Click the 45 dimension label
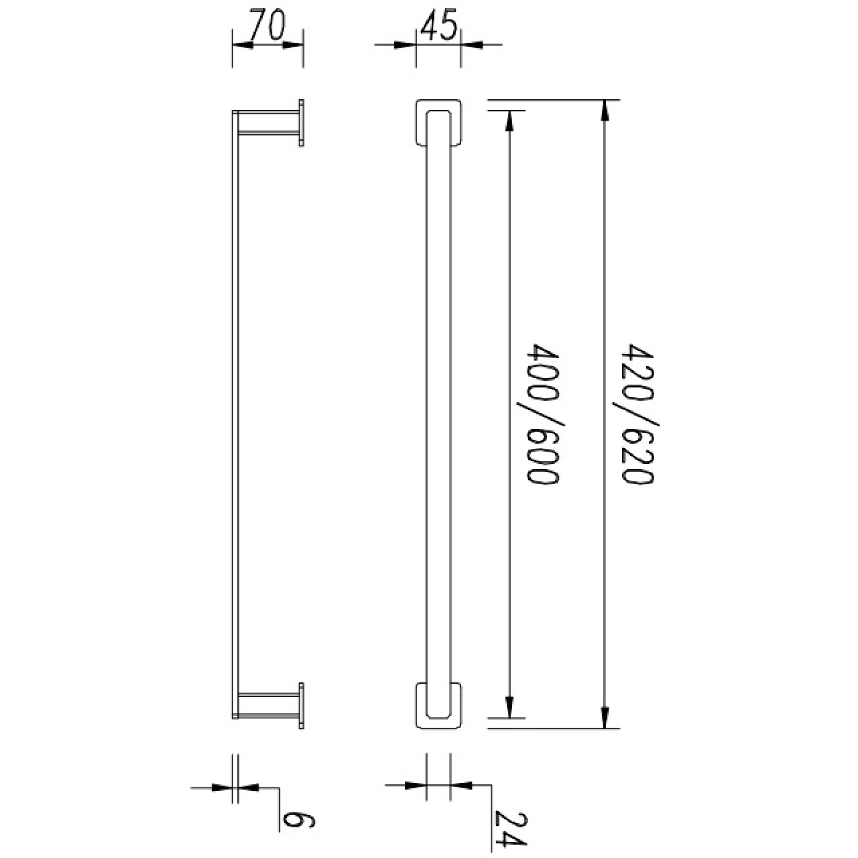pos(437,25)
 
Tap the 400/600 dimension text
pos(542,415)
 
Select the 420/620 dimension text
pos(638,415)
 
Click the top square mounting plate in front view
pos(439,122)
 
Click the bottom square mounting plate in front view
pos(439,705)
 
